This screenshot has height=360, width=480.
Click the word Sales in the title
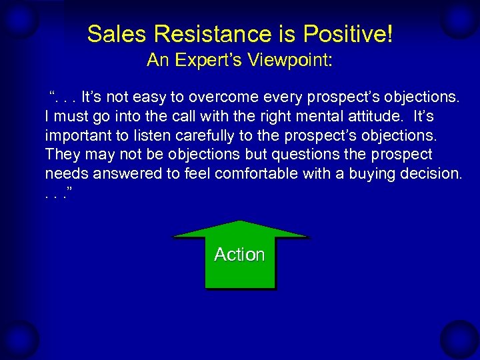(x=111, y=34)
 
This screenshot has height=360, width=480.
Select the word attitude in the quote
(x=367, y=117)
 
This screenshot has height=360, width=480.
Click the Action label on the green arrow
(x=239, y=255)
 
